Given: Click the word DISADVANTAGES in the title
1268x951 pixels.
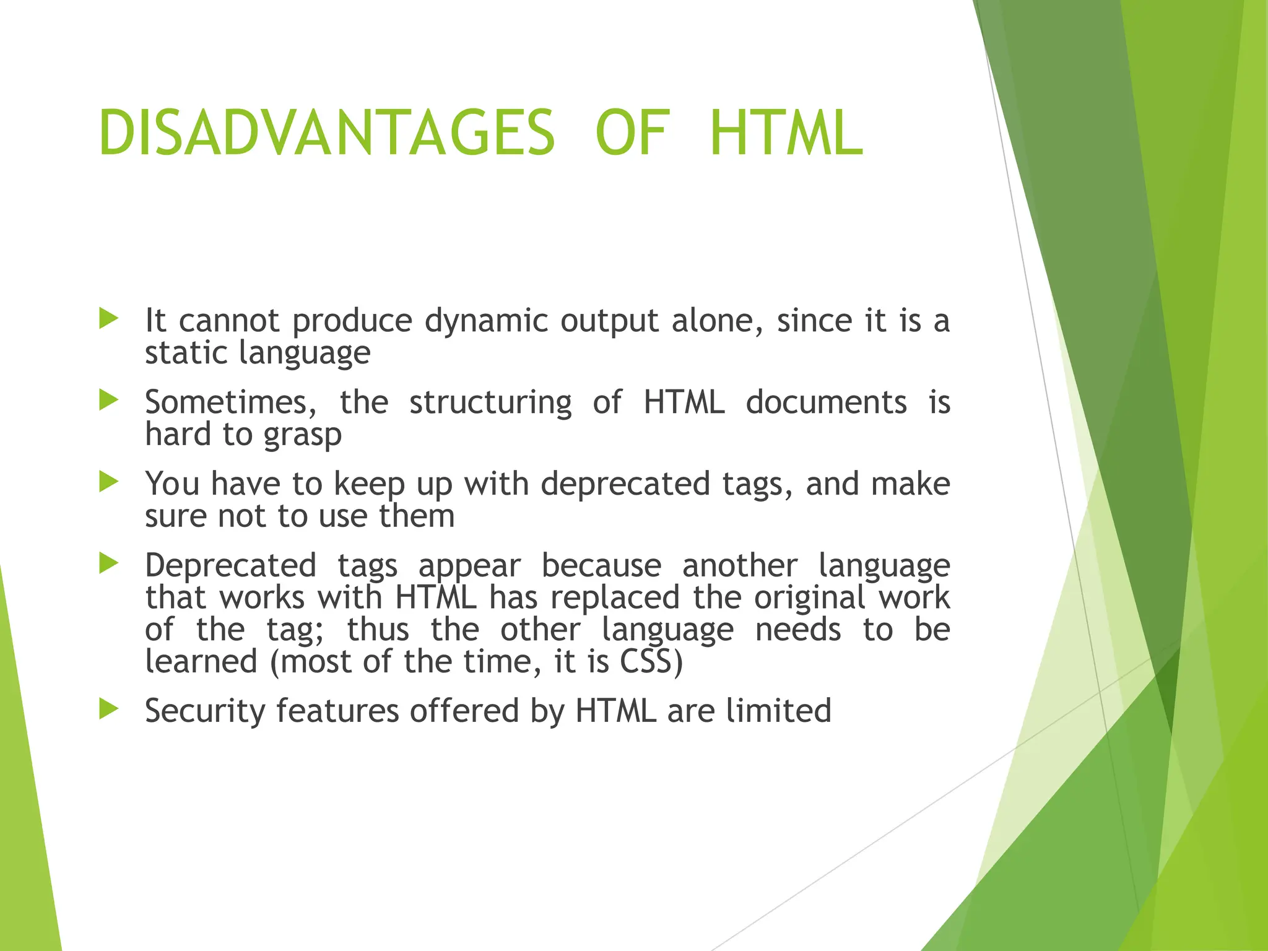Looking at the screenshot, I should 326,133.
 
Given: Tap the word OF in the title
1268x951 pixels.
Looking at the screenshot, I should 632,133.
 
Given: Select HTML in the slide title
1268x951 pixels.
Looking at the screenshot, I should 786,133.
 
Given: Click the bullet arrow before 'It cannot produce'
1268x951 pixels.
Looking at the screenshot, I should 108,319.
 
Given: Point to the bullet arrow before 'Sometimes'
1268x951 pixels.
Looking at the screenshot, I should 108,401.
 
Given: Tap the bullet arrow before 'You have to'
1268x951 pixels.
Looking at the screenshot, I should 108,482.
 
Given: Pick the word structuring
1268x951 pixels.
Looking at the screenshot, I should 490,402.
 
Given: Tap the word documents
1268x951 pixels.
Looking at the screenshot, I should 826,402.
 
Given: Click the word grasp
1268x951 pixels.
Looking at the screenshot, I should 303,435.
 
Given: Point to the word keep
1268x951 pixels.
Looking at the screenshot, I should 369,485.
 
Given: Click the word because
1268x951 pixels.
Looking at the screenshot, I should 601,566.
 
